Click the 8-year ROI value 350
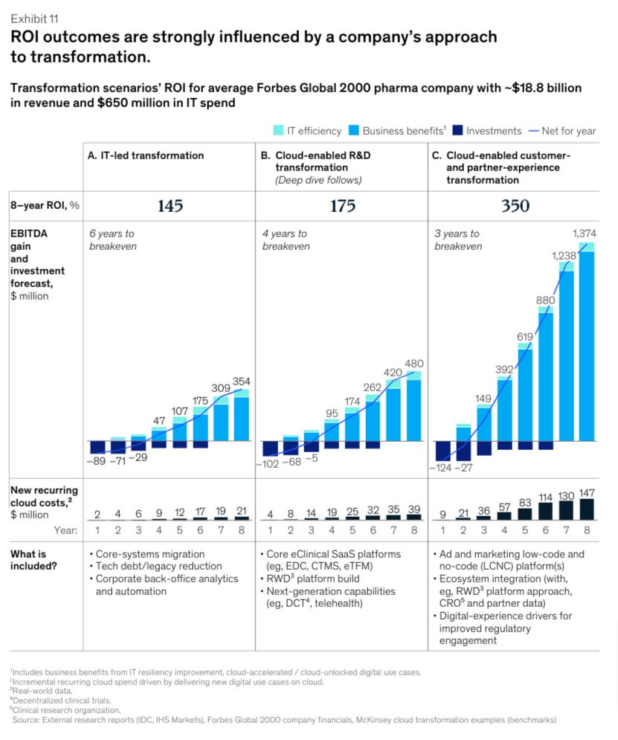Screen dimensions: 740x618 click(514, 206)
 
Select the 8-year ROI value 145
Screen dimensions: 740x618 click(170, 206)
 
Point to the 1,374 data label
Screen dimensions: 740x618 click(584, 234)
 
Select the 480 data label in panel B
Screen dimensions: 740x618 click(413, 364)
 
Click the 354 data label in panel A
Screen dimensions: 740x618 click(242, 382)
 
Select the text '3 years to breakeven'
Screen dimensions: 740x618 click(457, 239)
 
